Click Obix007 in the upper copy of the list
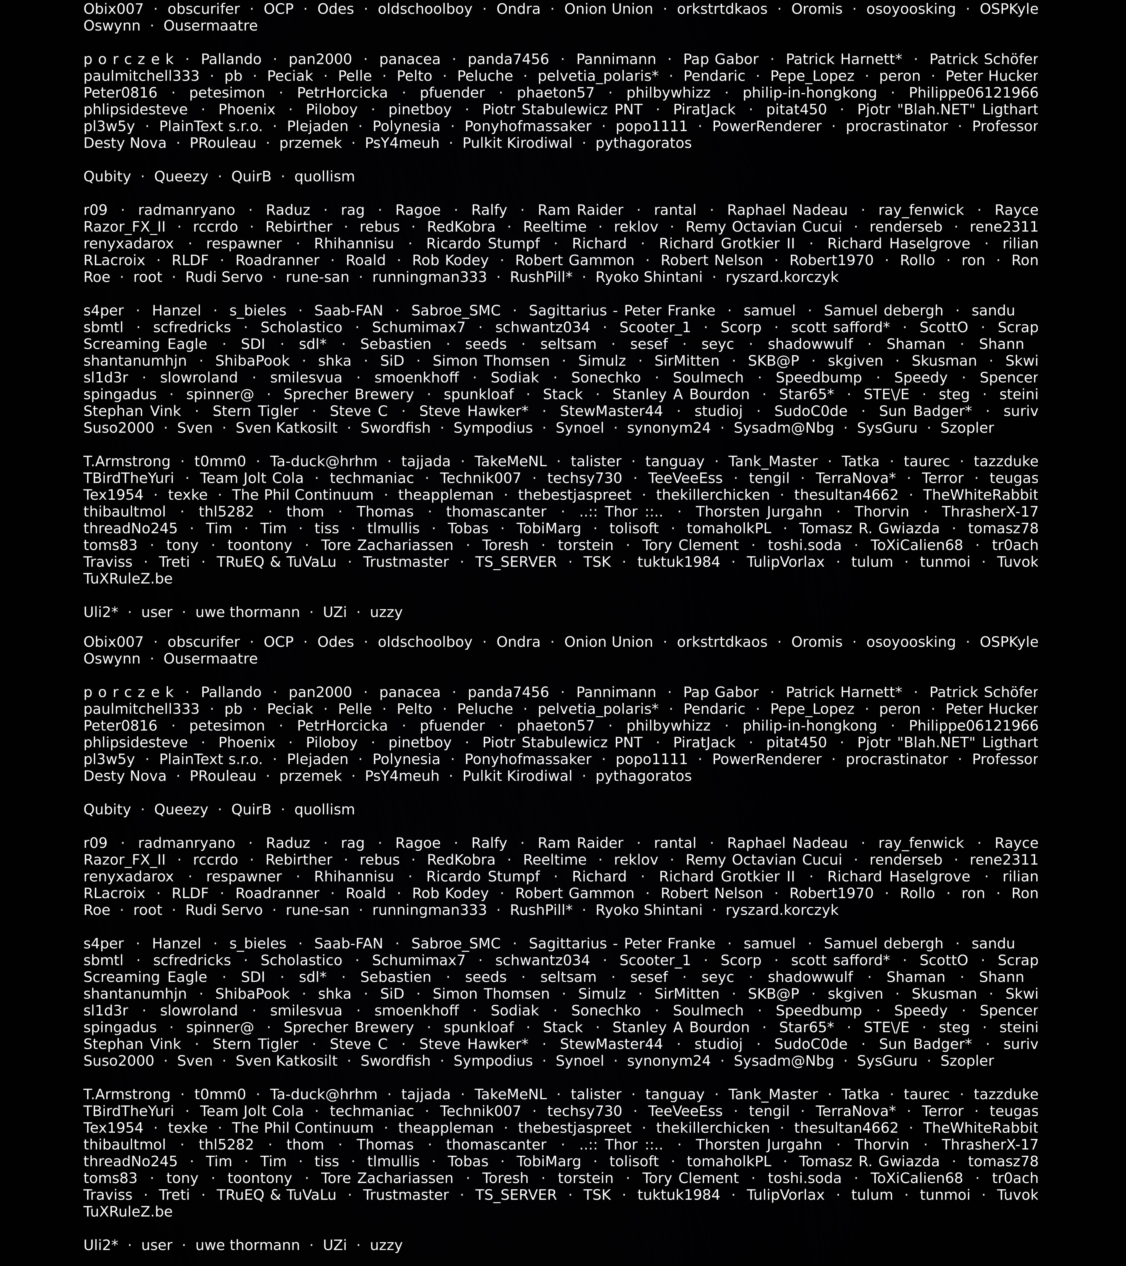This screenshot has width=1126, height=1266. point(113,9)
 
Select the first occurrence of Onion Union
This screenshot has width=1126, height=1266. point(608,9)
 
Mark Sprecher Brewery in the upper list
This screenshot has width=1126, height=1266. point(348,394)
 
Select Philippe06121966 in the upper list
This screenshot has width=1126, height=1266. point(973,93)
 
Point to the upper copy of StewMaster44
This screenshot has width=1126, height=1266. point(611,411)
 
